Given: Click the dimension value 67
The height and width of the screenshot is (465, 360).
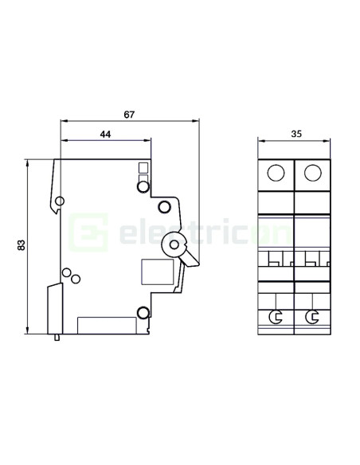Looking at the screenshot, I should click(x=130, y=114).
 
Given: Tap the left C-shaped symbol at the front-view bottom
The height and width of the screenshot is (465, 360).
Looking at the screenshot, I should click(x=276, y=317).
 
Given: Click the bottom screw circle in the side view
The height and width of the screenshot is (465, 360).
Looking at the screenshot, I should click(x=143, y=312).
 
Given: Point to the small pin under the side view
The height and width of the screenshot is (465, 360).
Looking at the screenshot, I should click(x=57, y=338).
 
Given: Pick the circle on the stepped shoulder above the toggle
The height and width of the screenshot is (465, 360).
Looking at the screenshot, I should click(x=164, y=207).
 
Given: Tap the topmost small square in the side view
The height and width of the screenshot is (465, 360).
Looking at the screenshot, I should click(x=143, y=167).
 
